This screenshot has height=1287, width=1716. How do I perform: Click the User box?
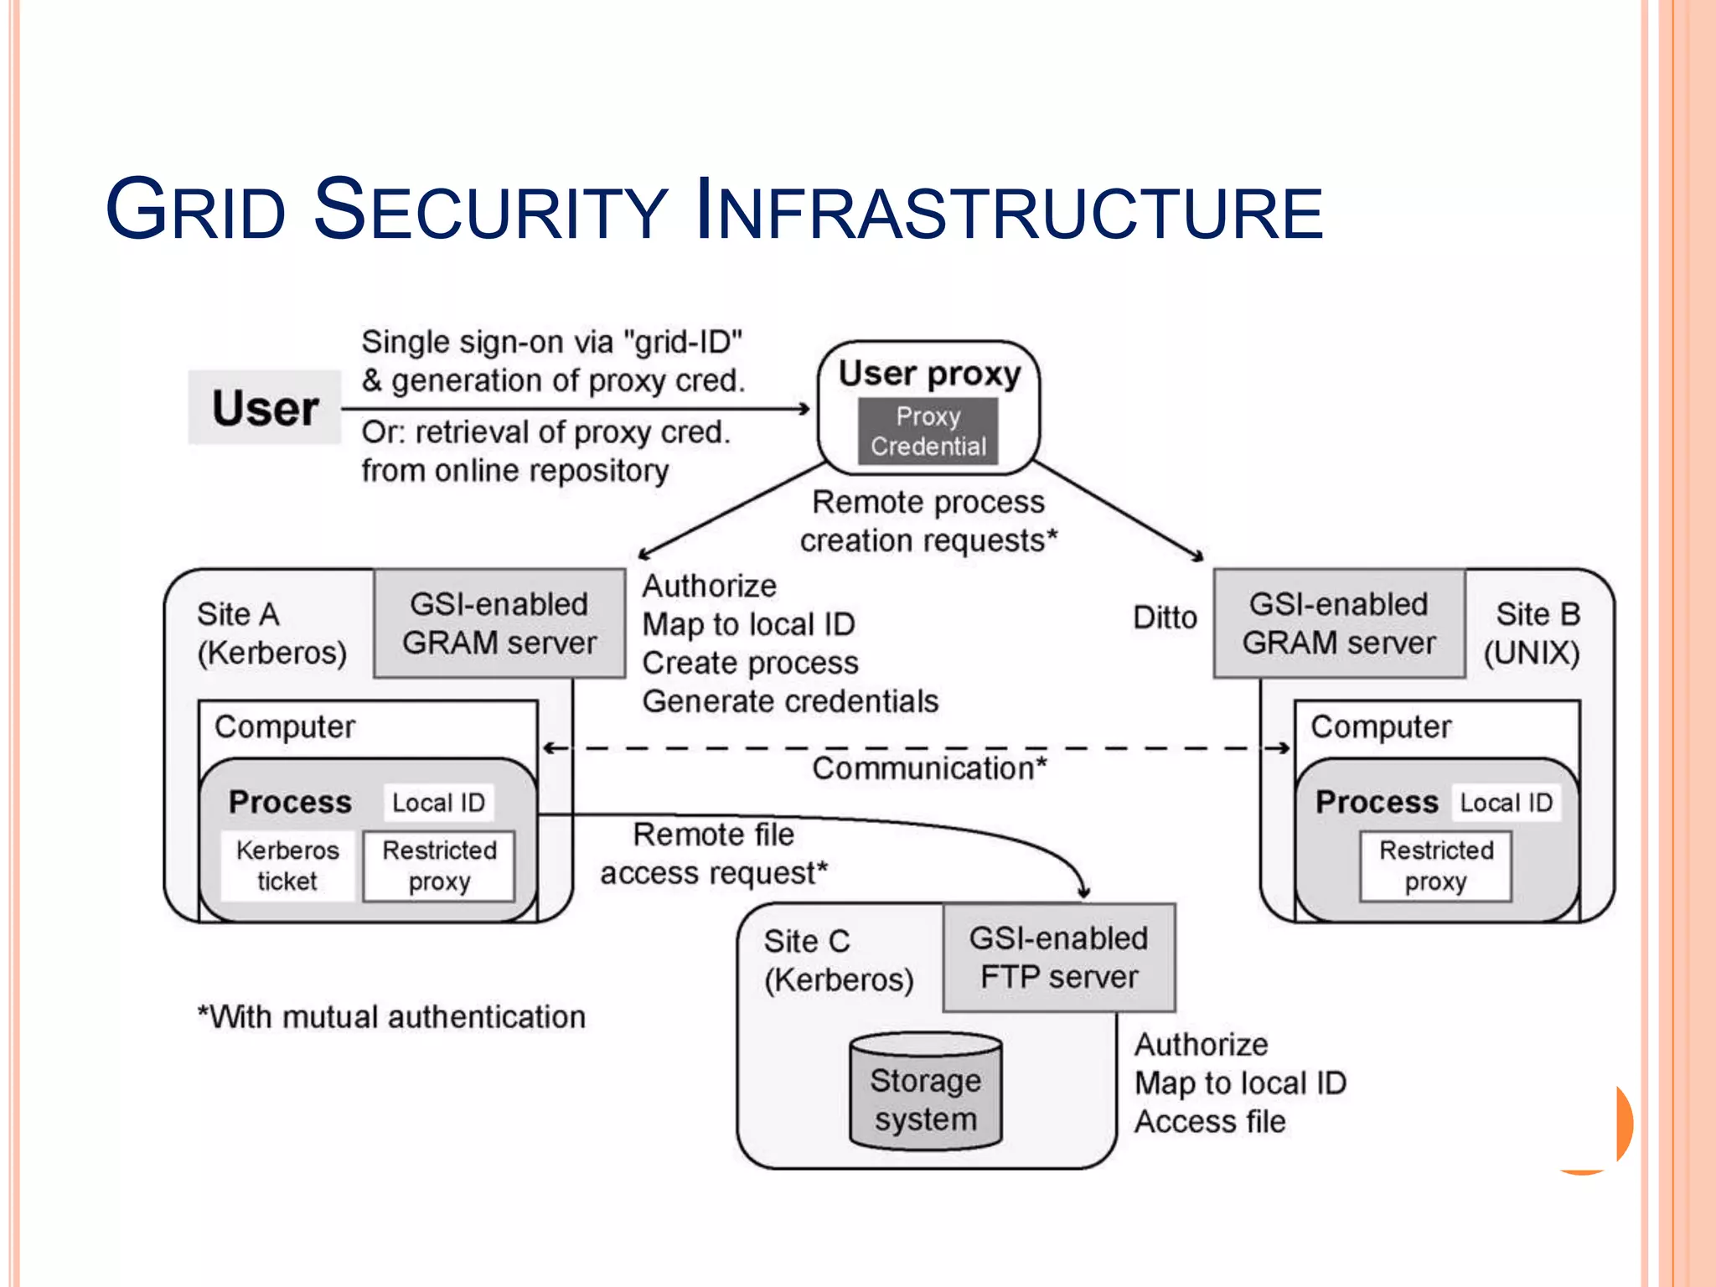265,407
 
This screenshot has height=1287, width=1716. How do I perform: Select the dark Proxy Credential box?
928,431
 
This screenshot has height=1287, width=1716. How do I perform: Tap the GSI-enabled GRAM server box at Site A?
499,623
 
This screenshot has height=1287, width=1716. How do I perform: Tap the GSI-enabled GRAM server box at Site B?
1338,623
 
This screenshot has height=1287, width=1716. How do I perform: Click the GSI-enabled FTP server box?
1059,958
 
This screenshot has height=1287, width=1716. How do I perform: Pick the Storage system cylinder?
925,1093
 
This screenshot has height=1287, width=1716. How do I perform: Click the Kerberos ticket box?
287,866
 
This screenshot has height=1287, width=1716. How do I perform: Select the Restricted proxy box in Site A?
439,866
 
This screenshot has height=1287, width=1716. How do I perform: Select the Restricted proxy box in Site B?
1435,866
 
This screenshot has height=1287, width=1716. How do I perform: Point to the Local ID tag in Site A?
438,802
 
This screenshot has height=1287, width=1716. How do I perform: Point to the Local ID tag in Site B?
1506,802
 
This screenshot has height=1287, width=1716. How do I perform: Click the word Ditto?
1165,618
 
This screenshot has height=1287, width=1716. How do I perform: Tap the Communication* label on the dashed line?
928,768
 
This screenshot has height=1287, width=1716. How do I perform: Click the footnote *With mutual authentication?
391,1017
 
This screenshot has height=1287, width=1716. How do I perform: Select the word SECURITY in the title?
490,210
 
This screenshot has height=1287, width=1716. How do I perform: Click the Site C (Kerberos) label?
838,960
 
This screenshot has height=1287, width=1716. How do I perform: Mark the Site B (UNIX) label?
1533,633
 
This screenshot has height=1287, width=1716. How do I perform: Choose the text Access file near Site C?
1210,1122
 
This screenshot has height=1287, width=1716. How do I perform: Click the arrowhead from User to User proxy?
804,409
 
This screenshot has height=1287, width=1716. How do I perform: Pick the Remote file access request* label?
714,854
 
